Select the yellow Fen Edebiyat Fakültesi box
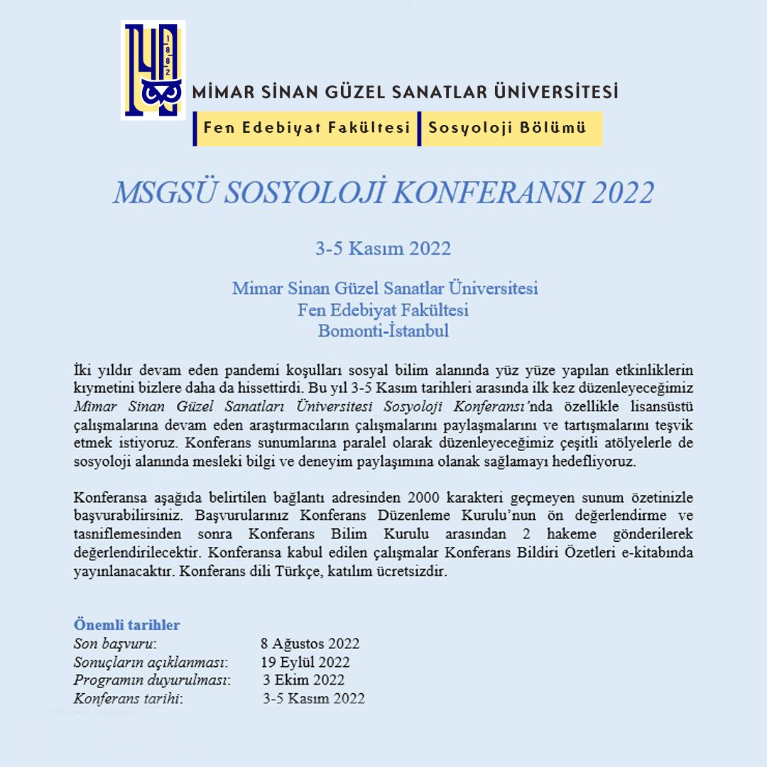tap(307, 129)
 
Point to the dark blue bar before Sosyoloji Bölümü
tap(419, 129)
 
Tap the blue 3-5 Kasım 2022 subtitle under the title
tap(383, 249)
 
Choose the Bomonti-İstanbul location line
tap(383, 331)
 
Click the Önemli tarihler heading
tap(127, 625)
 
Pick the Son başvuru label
tap(114, 644)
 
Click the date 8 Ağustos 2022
tap(310, 644)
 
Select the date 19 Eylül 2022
tap(305, 663)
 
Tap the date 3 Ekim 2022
tap(304, 680)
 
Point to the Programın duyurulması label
tap(152, 680)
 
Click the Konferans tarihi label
tap(128, 699)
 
